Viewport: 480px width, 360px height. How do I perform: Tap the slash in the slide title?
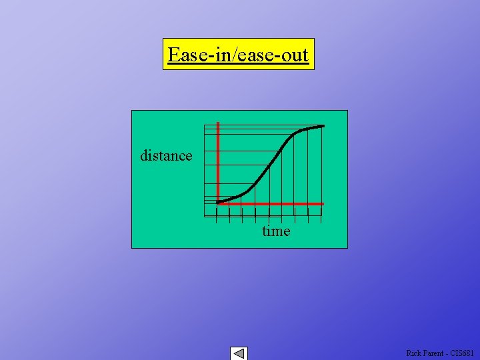click(x=234, y=54)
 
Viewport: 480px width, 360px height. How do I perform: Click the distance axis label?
click(x=166, y=155)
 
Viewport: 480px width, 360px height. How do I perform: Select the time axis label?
click(x=276, y=231)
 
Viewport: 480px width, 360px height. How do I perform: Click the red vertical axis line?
click(x=219, y=160)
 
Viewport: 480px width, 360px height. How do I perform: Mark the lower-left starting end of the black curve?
click(x=219, y=201)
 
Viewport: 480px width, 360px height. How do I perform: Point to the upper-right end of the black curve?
click(x=323, y=126)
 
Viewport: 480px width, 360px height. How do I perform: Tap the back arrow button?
click(x=239, y=353)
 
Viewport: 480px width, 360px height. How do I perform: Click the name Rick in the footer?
click(x=414, y=353)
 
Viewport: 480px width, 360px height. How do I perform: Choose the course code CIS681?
click(x=463, y=353)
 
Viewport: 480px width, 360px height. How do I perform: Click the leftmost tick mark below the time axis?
click(x=217, y=215)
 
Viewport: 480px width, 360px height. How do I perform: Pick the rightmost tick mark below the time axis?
click(x=321, y=215)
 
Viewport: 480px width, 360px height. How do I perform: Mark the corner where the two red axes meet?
click(x=219, y=203)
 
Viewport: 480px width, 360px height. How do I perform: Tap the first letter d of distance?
click(x=143, y=155)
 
